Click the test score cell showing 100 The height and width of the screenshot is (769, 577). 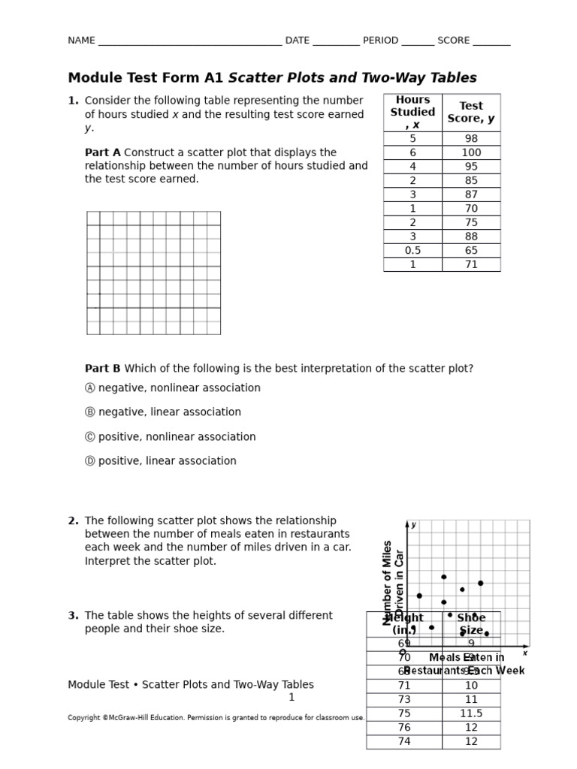tap(471, 152)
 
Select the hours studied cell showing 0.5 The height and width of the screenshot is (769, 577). tap(412, 251)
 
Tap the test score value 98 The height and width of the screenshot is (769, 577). tap(471, 138)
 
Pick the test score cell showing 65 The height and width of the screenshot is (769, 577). tap(471, 251)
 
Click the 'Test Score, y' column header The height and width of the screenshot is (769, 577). tap(471, 112)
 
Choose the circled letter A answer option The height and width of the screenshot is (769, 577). tap(90, 388)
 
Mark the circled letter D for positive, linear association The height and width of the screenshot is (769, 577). tap(90, 461)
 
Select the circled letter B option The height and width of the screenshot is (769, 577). tap(90, 412)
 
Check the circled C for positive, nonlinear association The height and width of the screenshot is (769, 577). tap(90, 437)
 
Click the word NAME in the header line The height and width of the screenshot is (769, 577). tap(81, 41)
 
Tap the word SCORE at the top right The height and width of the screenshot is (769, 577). tap(453, 41)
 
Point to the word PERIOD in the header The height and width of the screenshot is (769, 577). tap(380, 41)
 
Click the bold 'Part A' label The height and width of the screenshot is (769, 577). tap(102, 152)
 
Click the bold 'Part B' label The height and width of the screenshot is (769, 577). tap(102, 369)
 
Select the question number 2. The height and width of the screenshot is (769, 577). tap(73, 521)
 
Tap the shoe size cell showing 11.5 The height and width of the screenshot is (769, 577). tap(471, 713)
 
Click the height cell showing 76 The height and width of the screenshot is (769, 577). tap(404, 728)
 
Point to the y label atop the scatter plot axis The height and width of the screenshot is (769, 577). tap(413, 525)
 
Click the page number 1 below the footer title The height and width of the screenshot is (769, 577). tap(292, 698)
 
